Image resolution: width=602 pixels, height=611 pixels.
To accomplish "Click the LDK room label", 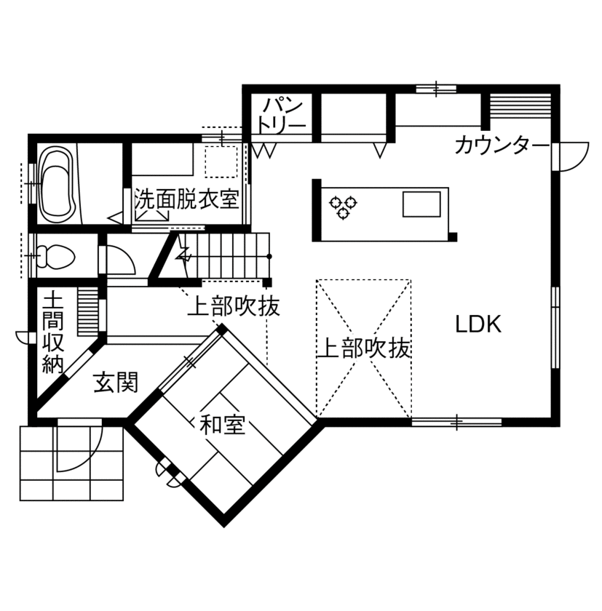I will point(478,324).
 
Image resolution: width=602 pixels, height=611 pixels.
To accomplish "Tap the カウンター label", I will point(502,145).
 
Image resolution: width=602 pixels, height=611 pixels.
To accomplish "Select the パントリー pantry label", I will point(281,115).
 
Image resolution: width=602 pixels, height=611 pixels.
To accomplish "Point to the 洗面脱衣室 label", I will point(187,199).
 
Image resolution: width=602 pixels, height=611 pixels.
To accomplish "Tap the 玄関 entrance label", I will point(116,381).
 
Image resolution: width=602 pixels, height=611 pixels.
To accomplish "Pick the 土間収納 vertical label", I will point(52,333).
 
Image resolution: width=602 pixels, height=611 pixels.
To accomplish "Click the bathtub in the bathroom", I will point(57,183).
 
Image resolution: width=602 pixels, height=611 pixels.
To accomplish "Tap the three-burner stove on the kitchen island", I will point(343,206).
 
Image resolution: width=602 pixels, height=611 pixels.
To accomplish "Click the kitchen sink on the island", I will point(422,204).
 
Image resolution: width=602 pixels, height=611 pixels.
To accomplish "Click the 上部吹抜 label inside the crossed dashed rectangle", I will point(364,348).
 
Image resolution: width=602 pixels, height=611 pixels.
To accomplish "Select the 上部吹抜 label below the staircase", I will point(233,307).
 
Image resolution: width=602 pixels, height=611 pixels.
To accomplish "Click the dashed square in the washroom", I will point(221,161).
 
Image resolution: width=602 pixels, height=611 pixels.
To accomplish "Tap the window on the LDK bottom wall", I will point(456,421).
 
